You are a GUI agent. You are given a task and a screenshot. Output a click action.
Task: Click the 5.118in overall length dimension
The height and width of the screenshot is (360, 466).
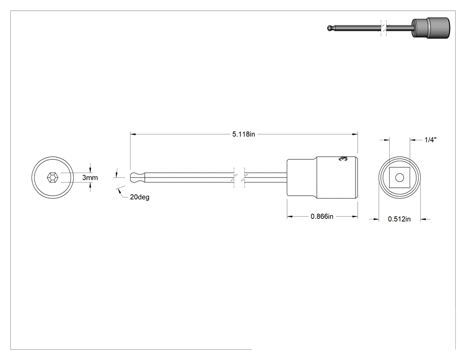[x=243, y=134]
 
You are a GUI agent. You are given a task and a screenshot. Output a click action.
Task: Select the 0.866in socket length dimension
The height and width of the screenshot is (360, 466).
[x=322, y=217]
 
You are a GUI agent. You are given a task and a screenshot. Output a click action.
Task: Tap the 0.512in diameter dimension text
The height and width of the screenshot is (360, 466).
[x=399, y=219]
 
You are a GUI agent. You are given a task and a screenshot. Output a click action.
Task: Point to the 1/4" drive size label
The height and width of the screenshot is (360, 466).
[x=430, y=140]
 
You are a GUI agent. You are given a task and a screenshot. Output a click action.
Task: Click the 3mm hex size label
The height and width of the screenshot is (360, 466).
[x=90, y=178]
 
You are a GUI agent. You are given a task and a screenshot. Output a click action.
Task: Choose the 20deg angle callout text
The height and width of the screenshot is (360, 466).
[x=140, y=197]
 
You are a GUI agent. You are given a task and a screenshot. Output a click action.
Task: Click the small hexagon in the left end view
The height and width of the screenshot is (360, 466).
[x=53, y=178]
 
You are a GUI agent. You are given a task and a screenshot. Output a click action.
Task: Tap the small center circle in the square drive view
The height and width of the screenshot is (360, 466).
[x=399, y=178]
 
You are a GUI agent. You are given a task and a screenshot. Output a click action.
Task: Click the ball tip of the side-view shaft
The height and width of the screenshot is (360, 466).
[x=134, y=178]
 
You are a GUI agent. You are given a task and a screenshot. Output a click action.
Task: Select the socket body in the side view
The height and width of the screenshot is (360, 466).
[x=322, y=178]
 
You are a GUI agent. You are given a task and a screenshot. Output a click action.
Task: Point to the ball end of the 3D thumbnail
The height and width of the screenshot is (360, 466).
[x=329, y=28]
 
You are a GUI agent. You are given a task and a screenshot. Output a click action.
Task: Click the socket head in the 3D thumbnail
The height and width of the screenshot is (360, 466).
[x=430, y=28]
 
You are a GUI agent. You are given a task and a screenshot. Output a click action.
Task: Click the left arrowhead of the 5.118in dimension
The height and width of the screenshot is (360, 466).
[x=133, y=135]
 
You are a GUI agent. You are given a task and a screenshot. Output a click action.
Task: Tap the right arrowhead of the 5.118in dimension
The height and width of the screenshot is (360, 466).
[x=355, y=135]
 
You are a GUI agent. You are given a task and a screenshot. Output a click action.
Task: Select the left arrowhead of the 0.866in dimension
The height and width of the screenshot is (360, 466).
[x=290, y=217]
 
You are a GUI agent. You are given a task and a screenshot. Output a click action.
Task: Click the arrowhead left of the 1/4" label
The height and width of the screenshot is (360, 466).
[x=413, y=139]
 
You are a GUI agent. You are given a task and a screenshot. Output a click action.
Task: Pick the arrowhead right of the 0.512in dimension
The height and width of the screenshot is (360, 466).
[x=423, y=219]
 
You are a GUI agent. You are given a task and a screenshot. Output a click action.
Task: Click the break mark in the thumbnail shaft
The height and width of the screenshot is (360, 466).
[x=384, y=28]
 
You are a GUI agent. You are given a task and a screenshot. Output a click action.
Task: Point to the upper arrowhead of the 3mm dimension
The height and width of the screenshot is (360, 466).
[x=91, y=170]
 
